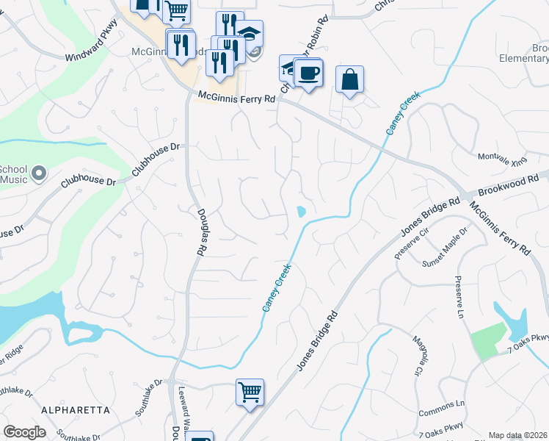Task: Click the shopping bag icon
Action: [x=350, y=79]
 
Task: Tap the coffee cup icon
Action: [x=310, y=73]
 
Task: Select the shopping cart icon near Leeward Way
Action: [x=250, y=392]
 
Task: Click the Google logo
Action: [x=24, y=432]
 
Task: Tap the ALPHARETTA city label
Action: [x=76, y=409]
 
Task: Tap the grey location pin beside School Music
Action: [x=39, y=174]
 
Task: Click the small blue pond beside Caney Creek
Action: [x=301, y=212]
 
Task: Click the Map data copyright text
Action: [x=517, y=436]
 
